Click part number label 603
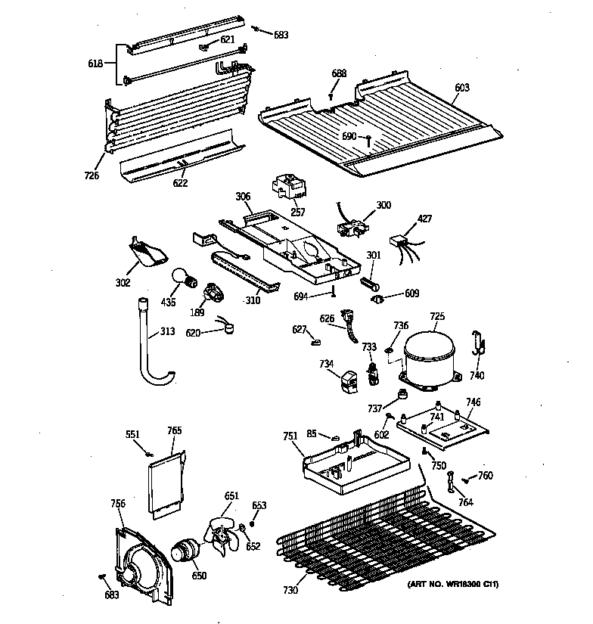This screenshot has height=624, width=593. tap(461, 88)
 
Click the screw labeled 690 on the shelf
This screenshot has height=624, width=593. tap(368, 140)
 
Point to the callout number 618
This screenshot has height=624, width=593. tap(96, 64)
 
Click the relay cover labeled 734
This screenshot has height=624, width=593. tap(349, 381)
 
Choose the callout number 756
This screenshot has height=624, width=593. tap(117, 503)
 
